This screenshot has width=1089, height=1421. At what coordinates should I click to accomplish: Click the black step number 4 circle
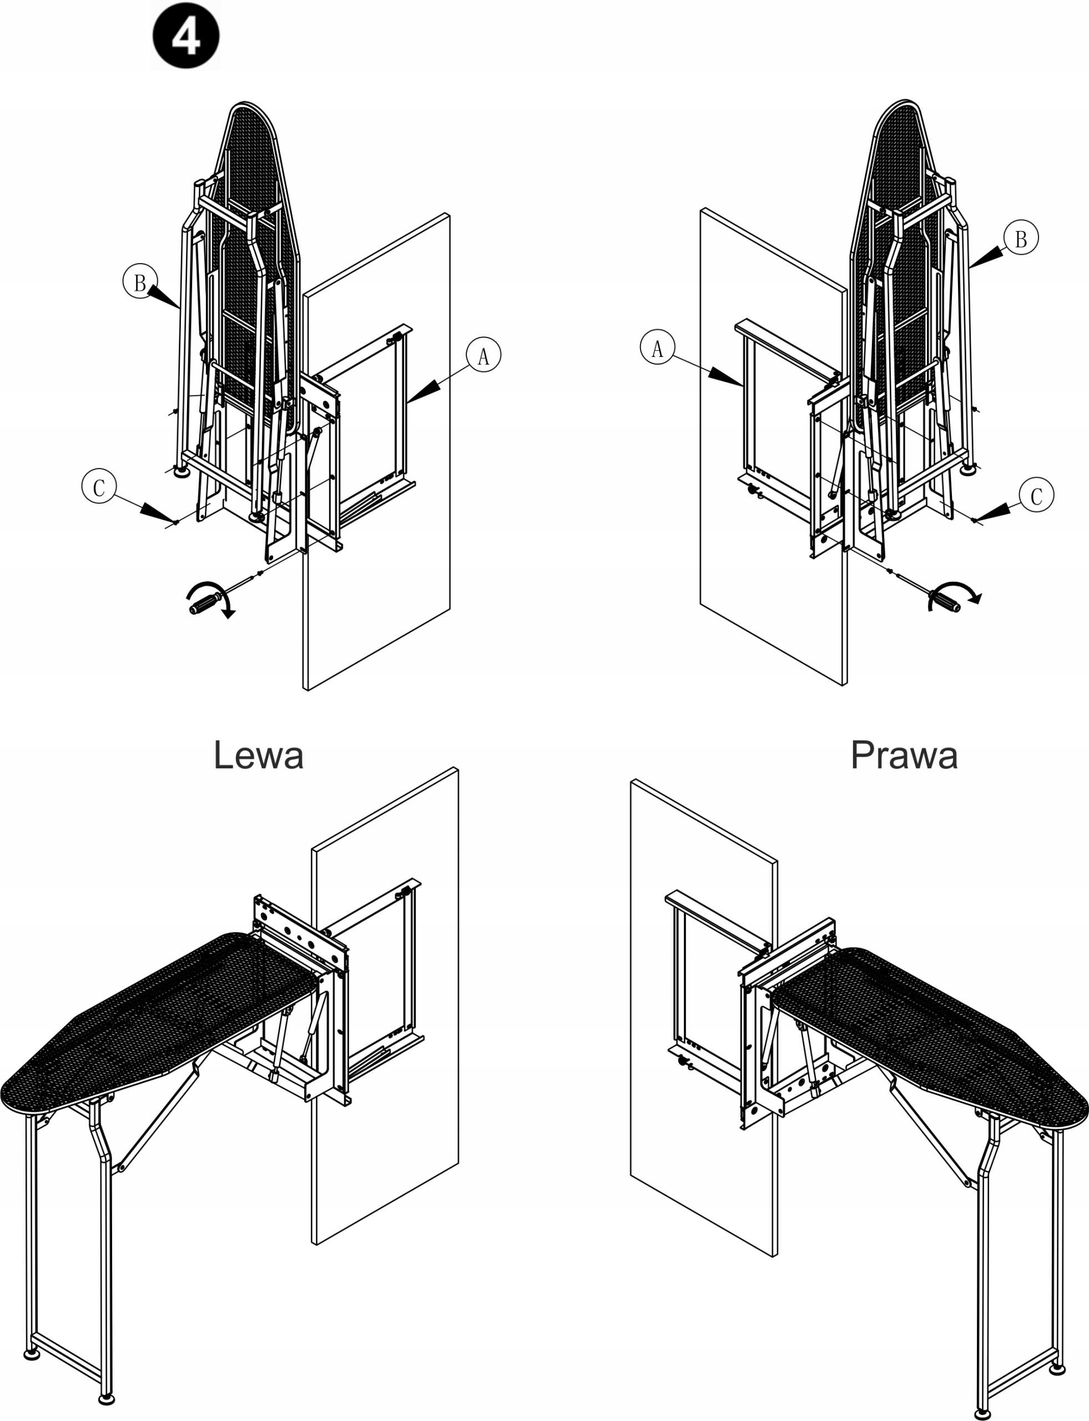pos(186,36)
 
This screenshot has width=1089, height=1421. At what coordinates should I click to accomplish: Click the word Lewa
pos(258,755)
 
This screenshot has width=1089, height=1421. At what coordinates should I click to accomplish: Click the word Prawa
pos(904,755)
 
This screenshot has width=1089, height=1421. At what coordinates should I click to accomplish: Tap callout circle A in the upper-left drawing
pos(483,355)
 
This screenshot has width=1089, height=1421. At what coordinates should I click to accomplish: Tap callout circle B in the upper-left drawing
pos(140,281)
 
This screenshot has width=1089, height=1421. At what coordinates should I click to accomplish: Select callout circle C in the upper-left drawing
pos(99,486)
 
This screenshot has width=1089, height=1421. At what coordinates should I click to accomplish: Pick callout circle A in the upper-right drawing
pos(657,347)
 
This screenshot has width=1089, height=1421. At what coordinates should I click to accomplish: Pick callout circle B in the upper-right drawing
pos(1021,238)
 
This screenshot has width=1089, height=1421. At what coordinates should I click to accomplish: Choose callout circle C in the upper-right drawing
pos(1036,495)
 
